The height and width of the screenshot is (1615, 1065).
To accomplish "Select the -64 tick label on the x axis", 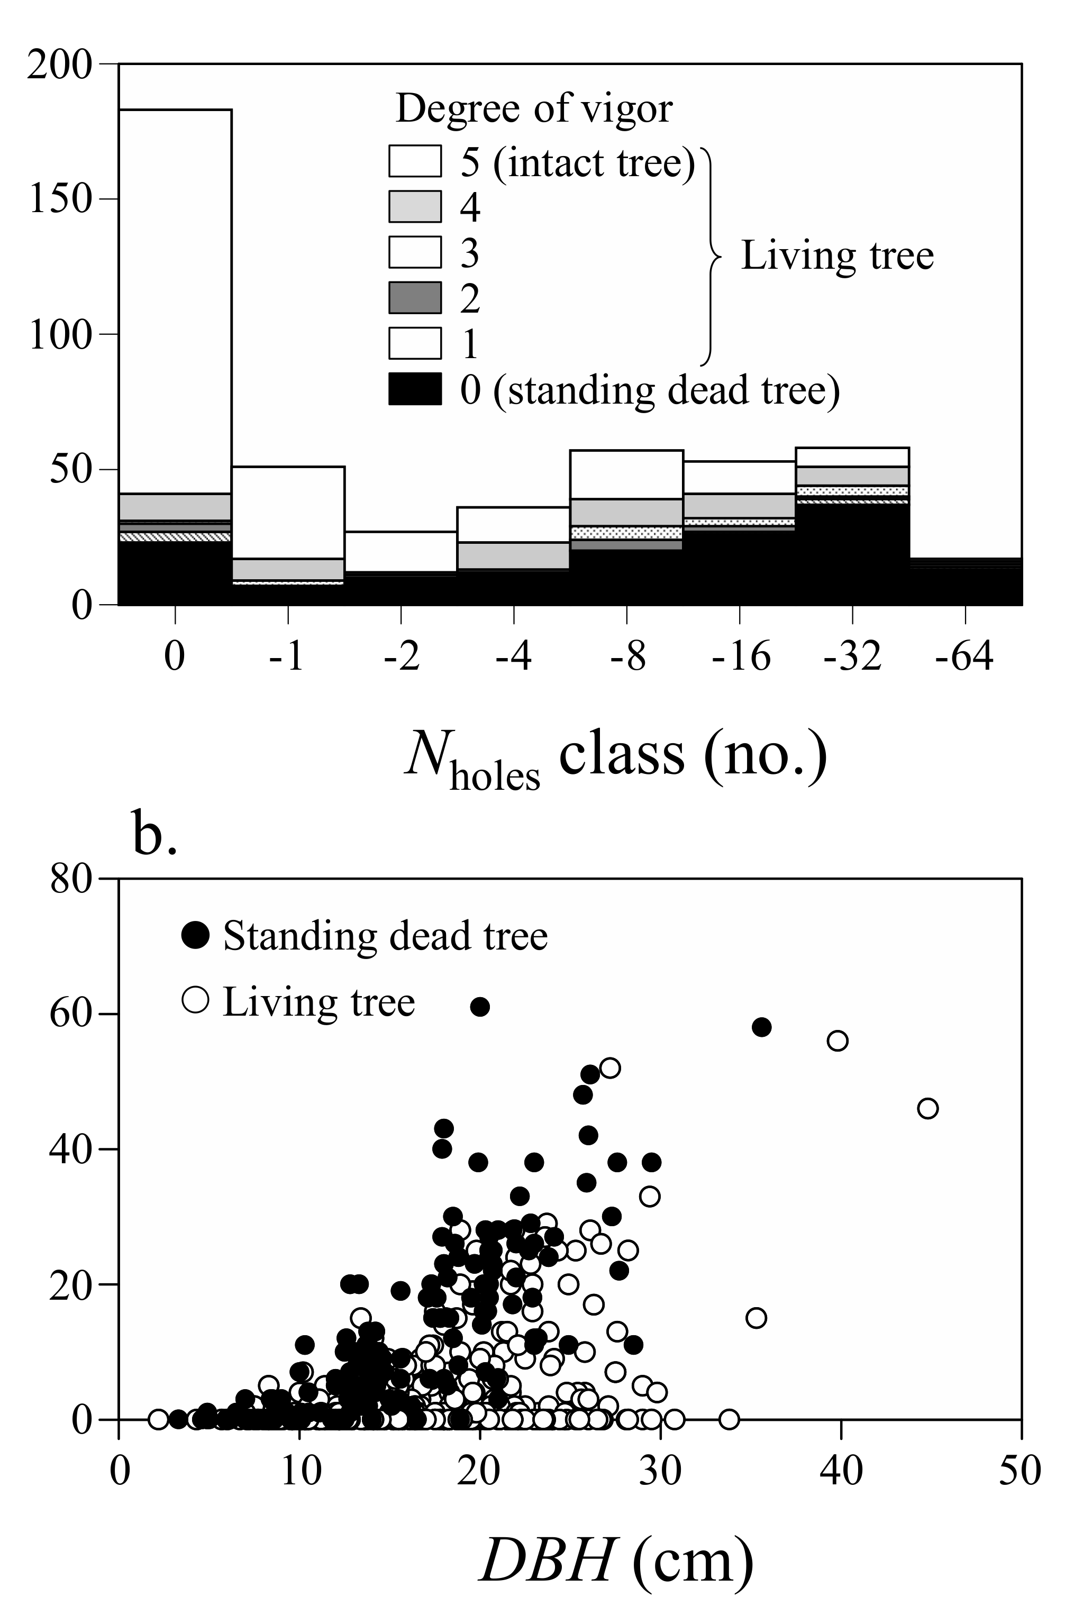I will pos(964,656).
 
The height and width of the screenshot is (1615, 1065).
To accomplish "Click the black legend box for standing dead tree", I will pos(415,389).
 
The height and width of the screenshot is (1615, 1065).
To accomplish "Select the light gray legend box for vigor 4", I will pos(415,206).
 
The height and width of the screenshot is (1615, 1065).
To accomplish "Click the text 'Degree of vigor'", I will pos(534,108).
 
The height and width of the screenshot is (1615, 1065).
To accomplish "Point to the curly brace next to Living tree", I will pos(711,257).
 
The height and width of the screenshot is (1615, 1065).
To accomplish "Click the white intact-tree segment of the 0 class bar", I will pos(175,299).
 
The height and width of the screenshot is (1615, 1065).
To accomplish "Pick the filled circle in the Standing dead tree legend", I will pos(196,935).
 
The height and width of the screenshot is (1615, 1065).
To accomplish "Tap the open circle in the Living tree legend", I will pos(196,1000).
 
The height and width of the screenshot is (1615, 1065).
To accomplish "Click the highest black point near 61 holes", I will pos(479,1007).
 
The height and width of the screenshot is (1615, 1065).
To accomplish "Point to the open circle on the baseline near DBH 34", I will pos(729,1419).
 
